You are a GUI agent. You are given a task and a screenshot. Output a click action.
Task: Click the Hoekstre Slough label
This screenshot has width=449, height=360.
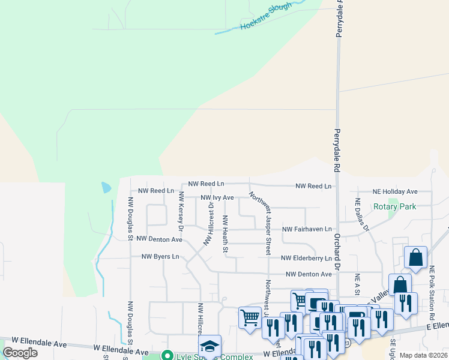pyautogui.click(x=266, y=17)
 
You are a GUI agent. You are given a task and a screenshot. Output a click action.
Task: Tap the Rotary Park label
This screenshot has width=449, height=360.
pyautogui.click(x=394, y=207)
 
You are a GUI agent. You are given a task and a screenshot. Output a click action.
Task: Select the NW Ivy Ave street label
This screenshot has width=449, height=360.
pyautogui.click(x=217, y=197)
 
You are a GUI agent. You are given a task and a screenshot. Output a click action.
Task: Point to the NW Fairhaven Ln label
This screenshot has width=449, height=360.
pyautogui.click(x=307, y=229)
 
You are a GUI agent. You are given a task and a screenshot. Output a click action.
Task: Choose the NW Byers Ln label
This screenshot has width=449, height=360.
pyautogui.click(x=160, y=257)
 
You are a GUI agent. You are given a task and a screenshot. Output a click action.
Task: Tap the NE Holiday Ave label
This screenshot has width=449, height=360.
pyautogui.click(x=394, y=191)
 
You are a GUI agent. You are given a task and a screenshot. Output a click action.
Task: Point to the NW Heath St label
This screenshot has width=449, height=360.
pyautogui.click(x=226, y=233)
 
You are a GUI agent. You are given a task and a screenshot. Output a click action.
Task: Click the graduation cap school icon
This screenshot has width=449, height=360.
pyautogui.click(x=209, y=346)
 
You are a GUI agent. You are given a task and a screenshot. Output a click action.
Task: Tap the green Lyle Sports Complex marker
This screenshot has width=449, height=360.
pyautogui.click(x=168, y=356)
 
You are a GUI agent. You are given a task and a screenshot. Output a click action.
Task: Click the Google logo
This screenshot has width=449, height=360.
pyautogui.click(x=20, y=353)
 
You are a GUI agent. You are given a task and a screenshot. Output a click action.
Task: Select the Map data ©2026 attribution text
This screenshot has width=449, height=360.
pyautogui.click(x=423, y=355)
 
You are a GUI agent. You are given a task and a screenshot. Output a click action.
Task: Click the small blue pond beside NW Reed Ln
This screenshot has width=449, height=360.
pyautogui.click(x=106, y=187)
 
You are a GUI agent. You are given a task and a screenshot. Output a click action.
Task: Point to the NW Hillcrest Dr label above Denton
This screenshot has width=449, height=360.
pyautogui.click(x=209, y=223)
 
